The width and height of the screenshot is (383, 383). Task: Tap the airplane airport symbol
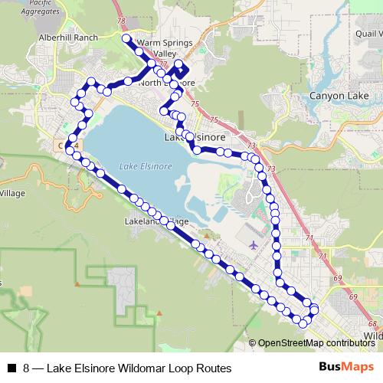click(254, 245)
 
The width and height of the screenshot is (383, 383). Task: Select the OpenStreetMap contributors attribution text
click(315, 342)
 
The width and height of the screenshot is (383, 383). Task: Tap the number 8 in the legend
click(27, 368)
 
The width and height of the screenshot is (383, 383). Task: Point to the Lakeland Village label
click(155, 222)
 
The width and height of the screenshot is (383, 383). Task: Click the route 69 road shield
click(352, 296)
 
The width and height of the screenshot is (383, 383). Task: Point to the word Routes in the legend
click(214, 368)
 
